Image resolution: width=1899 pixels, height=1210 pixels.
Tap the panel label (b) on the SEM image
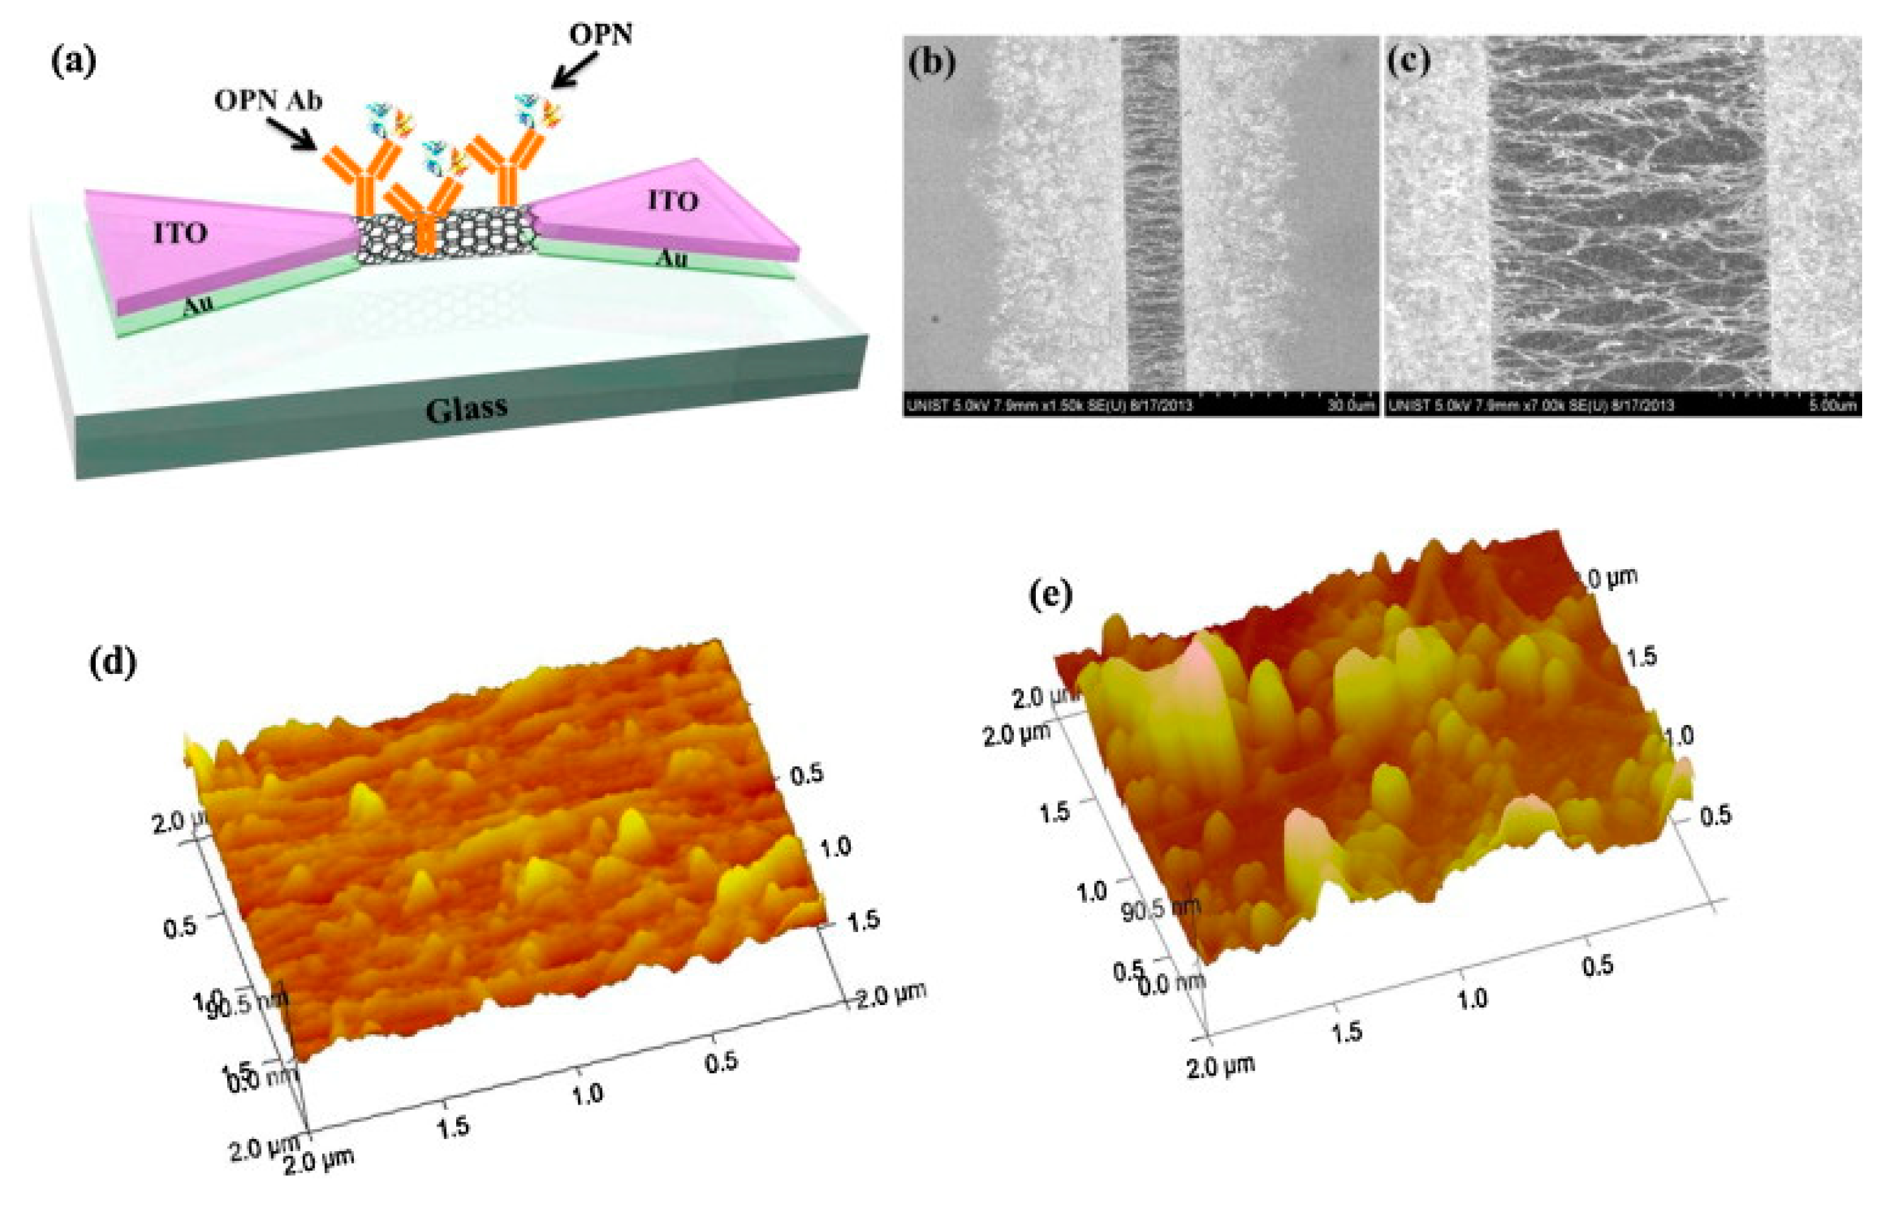pyautogui.click(x=932, y=62)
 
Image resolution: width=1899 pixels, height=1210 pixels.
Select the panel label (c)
pyautogui.click(x=1409, y=62)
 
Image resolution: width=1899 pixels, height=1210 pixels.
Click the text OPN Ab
pyautogui.click(x=268, y=101)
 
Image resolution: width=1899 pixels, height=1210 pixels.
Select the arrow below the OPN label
pyautogui.click(x=573, y=69)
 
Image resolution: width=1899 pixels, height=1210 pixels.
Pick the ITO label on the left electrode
pyautogui.click(x=181, y=233)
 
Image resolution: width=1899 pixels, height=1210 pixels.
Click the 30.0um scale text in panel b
pyautogui.click(x=1350, y=406)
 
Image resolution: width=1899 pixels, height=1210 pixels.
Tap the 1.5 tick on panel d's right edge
pyautogui.click(x=862, y=919)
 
